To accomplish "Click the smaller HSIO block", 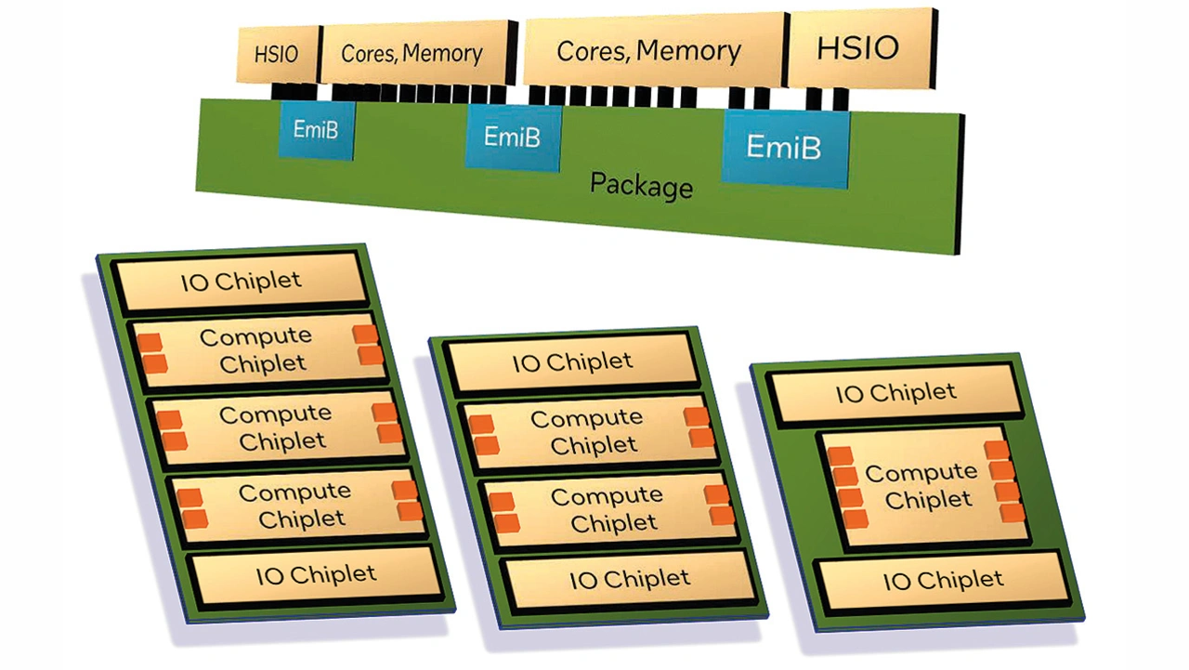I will click(277, 54).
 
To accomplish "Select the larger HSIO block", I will click(857, 48).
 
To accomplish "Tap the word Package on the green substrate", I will click(641, 184).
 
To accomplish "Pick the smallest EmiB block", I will click(316, 130).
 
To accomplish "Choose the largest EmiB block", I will click(784, 147).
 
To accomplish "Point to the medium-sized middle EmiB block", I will click(513, 138).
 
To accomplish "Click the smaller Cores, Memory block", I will click(412, 53).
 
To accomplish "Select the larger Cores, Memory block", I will click(648, 50).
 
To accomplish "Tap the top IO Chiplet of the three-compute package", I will click(242, 282).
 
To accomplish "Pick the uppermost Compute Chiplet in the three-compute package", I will click(257, 350).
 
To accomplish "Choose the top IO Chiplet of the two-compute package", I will click(572, 362).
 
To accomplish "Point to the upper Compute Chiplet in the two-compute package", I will click(587, 431).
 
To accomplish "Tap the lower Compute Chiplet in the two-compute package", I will click(608, 509).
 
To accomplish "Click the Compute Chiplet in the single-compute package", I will click(921, 486).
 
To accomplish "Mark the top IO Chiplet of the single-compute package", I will click(895, 393).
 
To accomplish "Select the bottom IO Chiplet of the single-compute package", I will click(943, 582).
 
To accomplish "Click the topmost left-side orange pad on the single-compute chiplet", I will click(840, 456).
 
